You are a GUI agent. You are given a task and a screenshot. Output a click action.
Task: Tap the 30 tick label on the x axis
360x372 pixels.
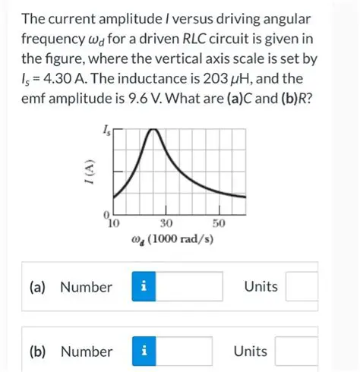coord(167,223)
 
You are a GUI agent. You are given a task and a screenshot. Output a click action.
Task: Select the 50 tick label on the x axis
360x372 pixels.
coord(220,223)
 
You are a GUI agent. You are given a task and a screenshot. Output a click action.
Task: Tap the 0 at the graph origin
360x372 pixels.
coord(108,215)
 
